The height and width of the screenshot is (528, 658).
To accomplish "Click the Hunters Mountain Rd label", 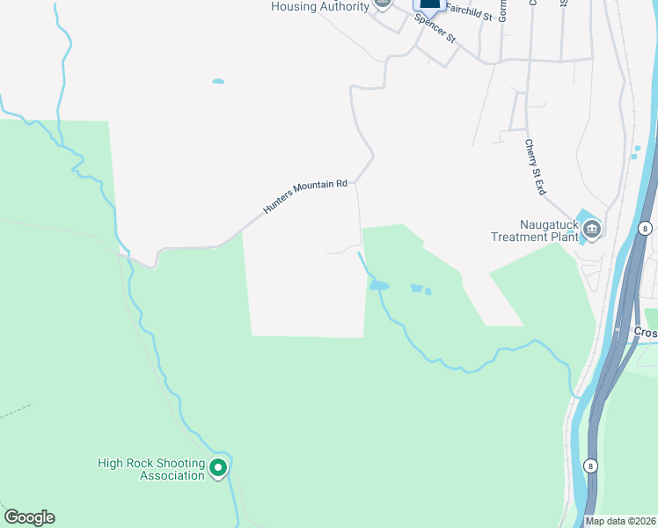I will [x=306, y=198].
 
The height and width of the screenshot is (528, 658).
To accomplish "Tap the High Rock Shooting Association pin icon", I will [x=219, y=468].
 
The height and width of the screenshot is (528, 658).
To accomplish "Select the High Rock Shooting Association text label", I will [x=151, y=469].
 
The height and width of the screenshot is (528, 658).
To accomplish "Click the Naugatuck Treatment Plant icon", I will [x=591, y=231].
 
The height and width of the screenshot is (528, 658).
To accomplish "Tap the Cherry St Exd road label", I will [x=537, y=167].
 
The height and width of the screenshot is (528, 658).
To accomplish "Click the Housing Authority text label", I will [x=319, y=7].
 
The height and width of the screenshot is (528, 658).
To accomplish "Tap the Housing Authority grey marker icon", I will [x=382, y=4].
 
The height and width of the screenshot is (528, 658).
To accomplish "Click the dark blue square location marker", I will [x=429, y=4].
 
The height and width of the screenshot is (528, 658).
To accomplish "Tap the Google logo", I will [x=29, y=517].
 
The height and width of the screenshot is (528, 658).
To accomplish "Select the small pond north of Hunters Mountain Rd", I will [x=217, y=82].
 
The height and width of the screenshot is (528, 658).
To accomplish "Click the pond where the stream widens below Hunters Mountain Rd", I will [x=378, y=285].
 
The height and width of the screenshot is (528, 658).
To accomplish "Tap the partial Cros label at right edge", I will [x=646, y=332].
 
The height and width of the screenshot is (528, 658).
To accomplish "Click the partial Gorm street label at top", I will [x=503, y=10].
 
